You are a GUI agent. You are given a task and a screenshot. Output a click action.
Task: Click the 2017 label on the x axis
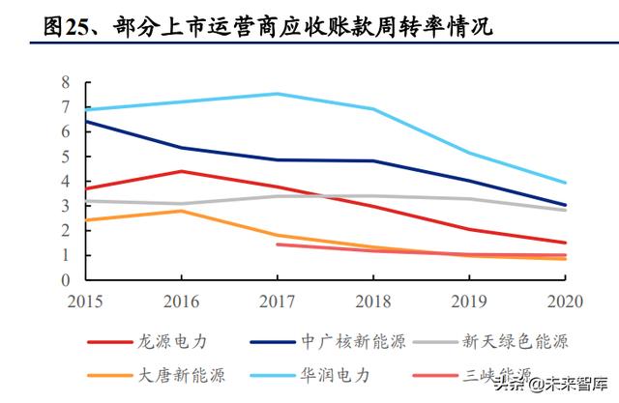pos(277,301)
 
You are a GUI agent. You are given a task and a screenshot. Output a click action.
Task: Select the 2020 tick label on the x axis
pos(565,301)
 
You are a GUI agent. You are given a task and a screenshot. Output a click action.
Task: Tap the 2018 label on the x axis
pos(372,301)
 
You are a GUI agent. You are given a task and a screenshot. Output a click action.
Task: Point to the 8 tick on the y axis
pos(66,82)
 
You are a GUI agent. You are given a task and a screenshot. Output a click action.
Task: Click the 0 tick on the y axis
pos(66,280)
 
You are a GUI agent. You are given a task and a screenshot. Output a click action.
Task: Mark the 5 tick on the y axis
pos(66,157)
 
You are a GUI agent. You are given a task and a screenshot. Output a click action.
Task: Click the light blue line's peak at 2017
pos(278,94)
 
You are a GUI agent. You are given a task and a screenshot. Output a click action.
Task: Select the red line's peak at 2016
pos(182,171)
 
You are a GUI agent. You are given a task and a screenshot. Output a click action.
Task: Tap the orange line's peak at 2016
pos(182,211)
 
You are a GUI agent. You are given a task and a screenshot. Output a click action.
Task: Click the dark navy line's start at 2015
pos(87,122)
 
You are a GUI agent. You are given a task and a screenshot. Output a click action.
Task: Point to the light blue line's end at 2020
pos(566,183)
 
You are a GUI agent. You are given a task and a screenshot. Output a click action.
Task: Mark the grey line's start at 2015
pos(87,201)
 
